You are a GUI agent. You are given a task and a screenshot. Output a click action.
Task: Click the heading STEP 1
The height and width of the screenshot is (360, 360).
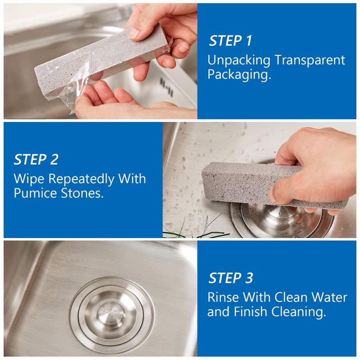tap(230, 40)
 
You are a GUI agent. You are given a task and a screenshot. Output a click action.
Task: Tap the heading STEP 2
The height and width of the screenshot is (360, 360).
tap(36, 159)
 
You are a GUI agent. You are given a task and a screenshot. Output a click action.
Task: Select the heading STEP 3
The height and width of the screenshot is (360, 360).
tap(231, 278)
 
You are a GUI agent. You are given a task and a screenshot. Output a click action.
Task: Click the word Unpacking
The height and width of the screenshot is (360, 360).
tap(239, 61)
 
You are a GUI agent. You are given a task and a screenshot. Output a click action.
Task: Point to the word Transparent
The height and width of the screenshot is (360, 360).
tap(310, 60)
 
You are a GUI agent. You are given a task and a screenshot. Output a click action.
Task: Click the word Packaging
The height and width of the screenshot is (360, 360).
tap(239, 75)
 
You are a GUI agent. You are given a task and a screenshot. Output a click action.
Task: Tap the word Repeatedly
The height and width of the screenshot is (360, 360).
tap(81, 180)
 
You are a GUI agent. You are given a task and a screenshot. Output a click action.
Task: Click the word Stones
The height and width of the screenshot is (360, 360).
tap(82, 193)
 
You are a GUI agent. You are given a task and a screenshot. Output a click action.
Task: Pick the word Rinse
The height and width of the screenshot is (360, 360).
tap(223, 297)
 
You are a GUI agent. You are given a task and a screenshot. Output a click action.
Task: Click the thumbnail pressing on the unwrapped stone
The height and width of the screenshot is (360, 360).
tap(134, 33)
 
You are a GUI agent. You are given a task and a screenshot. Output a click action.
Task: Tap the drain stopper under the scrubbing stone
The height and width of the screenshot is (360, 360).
tap(282, 220)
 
